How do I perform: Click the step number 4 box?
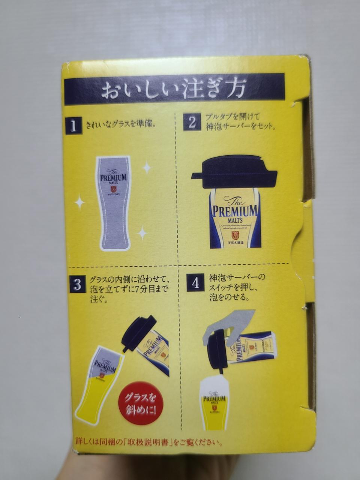(x=196, y=283)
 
